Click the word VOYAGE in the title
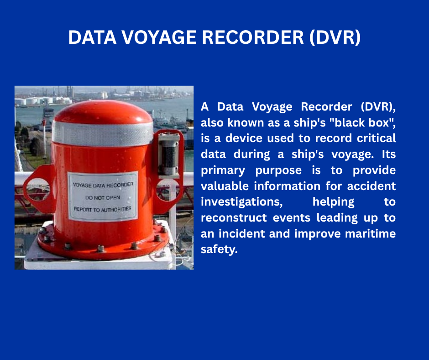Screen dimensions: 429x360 [x=159, y=37]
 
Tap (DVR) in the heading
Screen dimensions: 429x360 [x=335, y=37]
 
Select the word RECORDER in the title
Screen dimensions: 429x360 [x=253, y=37]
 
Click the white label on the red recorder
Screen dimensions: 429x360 [x=103, y=196]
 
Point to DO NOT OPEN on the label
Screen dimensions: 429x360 [x=103, y=197]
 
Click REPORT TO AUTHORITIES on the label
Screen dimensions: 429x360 [x=103, y=209]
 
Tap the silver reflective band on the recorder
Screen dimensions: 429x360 [x=103, y=133]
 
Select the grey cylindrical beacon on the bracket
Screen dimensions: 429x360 [x=168, y=154]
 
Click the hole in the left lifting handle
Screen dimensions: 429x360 [x=38, y=189]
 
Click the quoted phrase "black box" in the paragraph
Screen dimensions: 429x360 [x=362, y=122]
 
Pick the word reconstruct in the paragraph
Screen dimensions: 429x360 [x=234, y=218]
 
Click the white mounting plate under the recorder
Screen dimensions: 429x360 [x=99, y=260]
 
